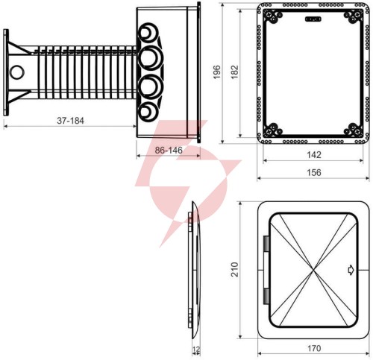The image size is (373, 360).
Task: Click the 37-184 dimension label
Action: pos(71,121)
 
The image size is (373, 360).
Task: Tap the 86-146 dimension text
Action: pos(169,150)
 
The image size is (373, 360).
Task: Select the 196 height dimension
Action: pos(217,72)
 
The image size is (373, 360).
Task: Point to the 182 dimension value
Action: pos(234,72)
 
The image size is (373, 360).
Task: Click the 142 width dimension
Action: pos(314,155)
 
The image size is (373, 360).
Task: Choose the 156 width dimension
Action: pos(314,172)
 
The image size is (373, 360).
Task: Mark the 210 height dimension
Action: pos(234,269)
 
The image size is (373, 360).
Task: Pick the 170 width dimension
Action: pos(314,348)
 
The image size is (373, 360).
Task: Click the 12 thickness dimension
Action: pos(196,350)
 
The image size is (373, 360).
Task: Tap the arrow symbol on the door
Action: pos(351,270)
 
